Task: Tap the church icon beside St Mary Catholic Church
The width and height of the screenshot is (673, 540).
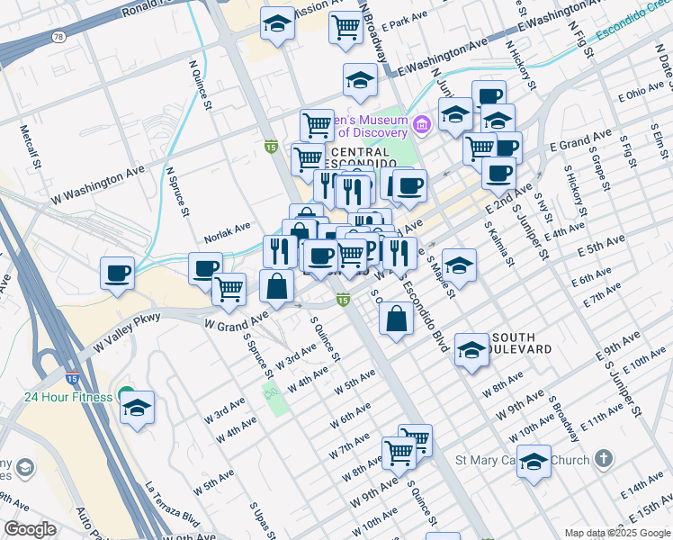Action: tap(603, 460)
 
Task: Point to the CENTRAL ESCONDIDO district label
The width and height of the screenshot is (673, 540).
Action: tap(356, 158)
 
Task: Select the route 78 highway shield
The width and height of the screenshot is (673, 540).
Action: tap(58, 37)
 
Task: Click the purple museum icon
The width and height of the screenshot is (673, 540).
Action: tap(422, 122)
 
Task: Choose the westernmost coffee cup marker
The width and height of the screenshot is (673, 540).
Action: tap(118, 273)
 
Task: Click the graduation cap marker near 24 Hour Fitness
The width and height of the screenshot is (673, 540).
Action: tap(137, 409)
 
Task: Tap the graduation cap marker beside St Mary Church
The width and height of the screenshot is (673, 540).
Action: tap(534, 462)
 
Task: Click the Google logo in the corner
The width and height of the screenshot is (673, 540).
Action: tap(30, 529)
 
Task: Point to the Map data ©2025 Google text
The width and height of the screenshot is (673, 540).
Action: tap(617, 533)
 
